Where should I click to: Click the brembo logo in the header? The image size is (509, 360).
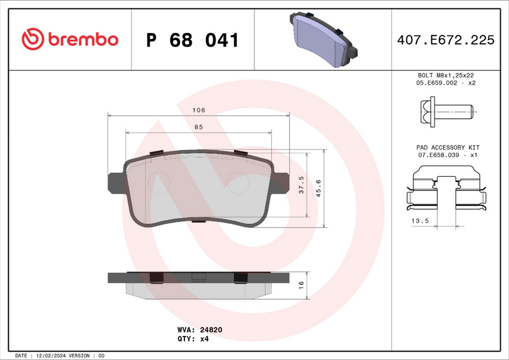(x=70, y=39)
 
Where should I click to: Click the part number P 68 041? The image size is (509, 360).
(x=193, y=40)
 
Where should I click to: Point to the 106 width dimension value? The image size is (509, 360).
(x=199, y=110)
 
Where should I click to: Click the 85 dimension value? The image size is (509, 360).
(x=199, y=127)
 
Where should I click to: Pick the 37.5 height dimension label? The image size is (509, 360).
(x=302, y=186)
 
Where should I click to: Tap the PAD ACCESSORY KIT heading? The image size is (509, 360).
(x=447, y=147)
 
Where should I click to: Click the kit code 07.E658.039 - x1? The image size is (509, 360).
(x=447, y=155)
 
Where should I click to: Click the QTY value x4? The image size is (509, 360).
(x=204, y=339)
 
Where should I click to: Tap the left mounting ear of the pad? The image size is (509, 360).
(x=116, y=182)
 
